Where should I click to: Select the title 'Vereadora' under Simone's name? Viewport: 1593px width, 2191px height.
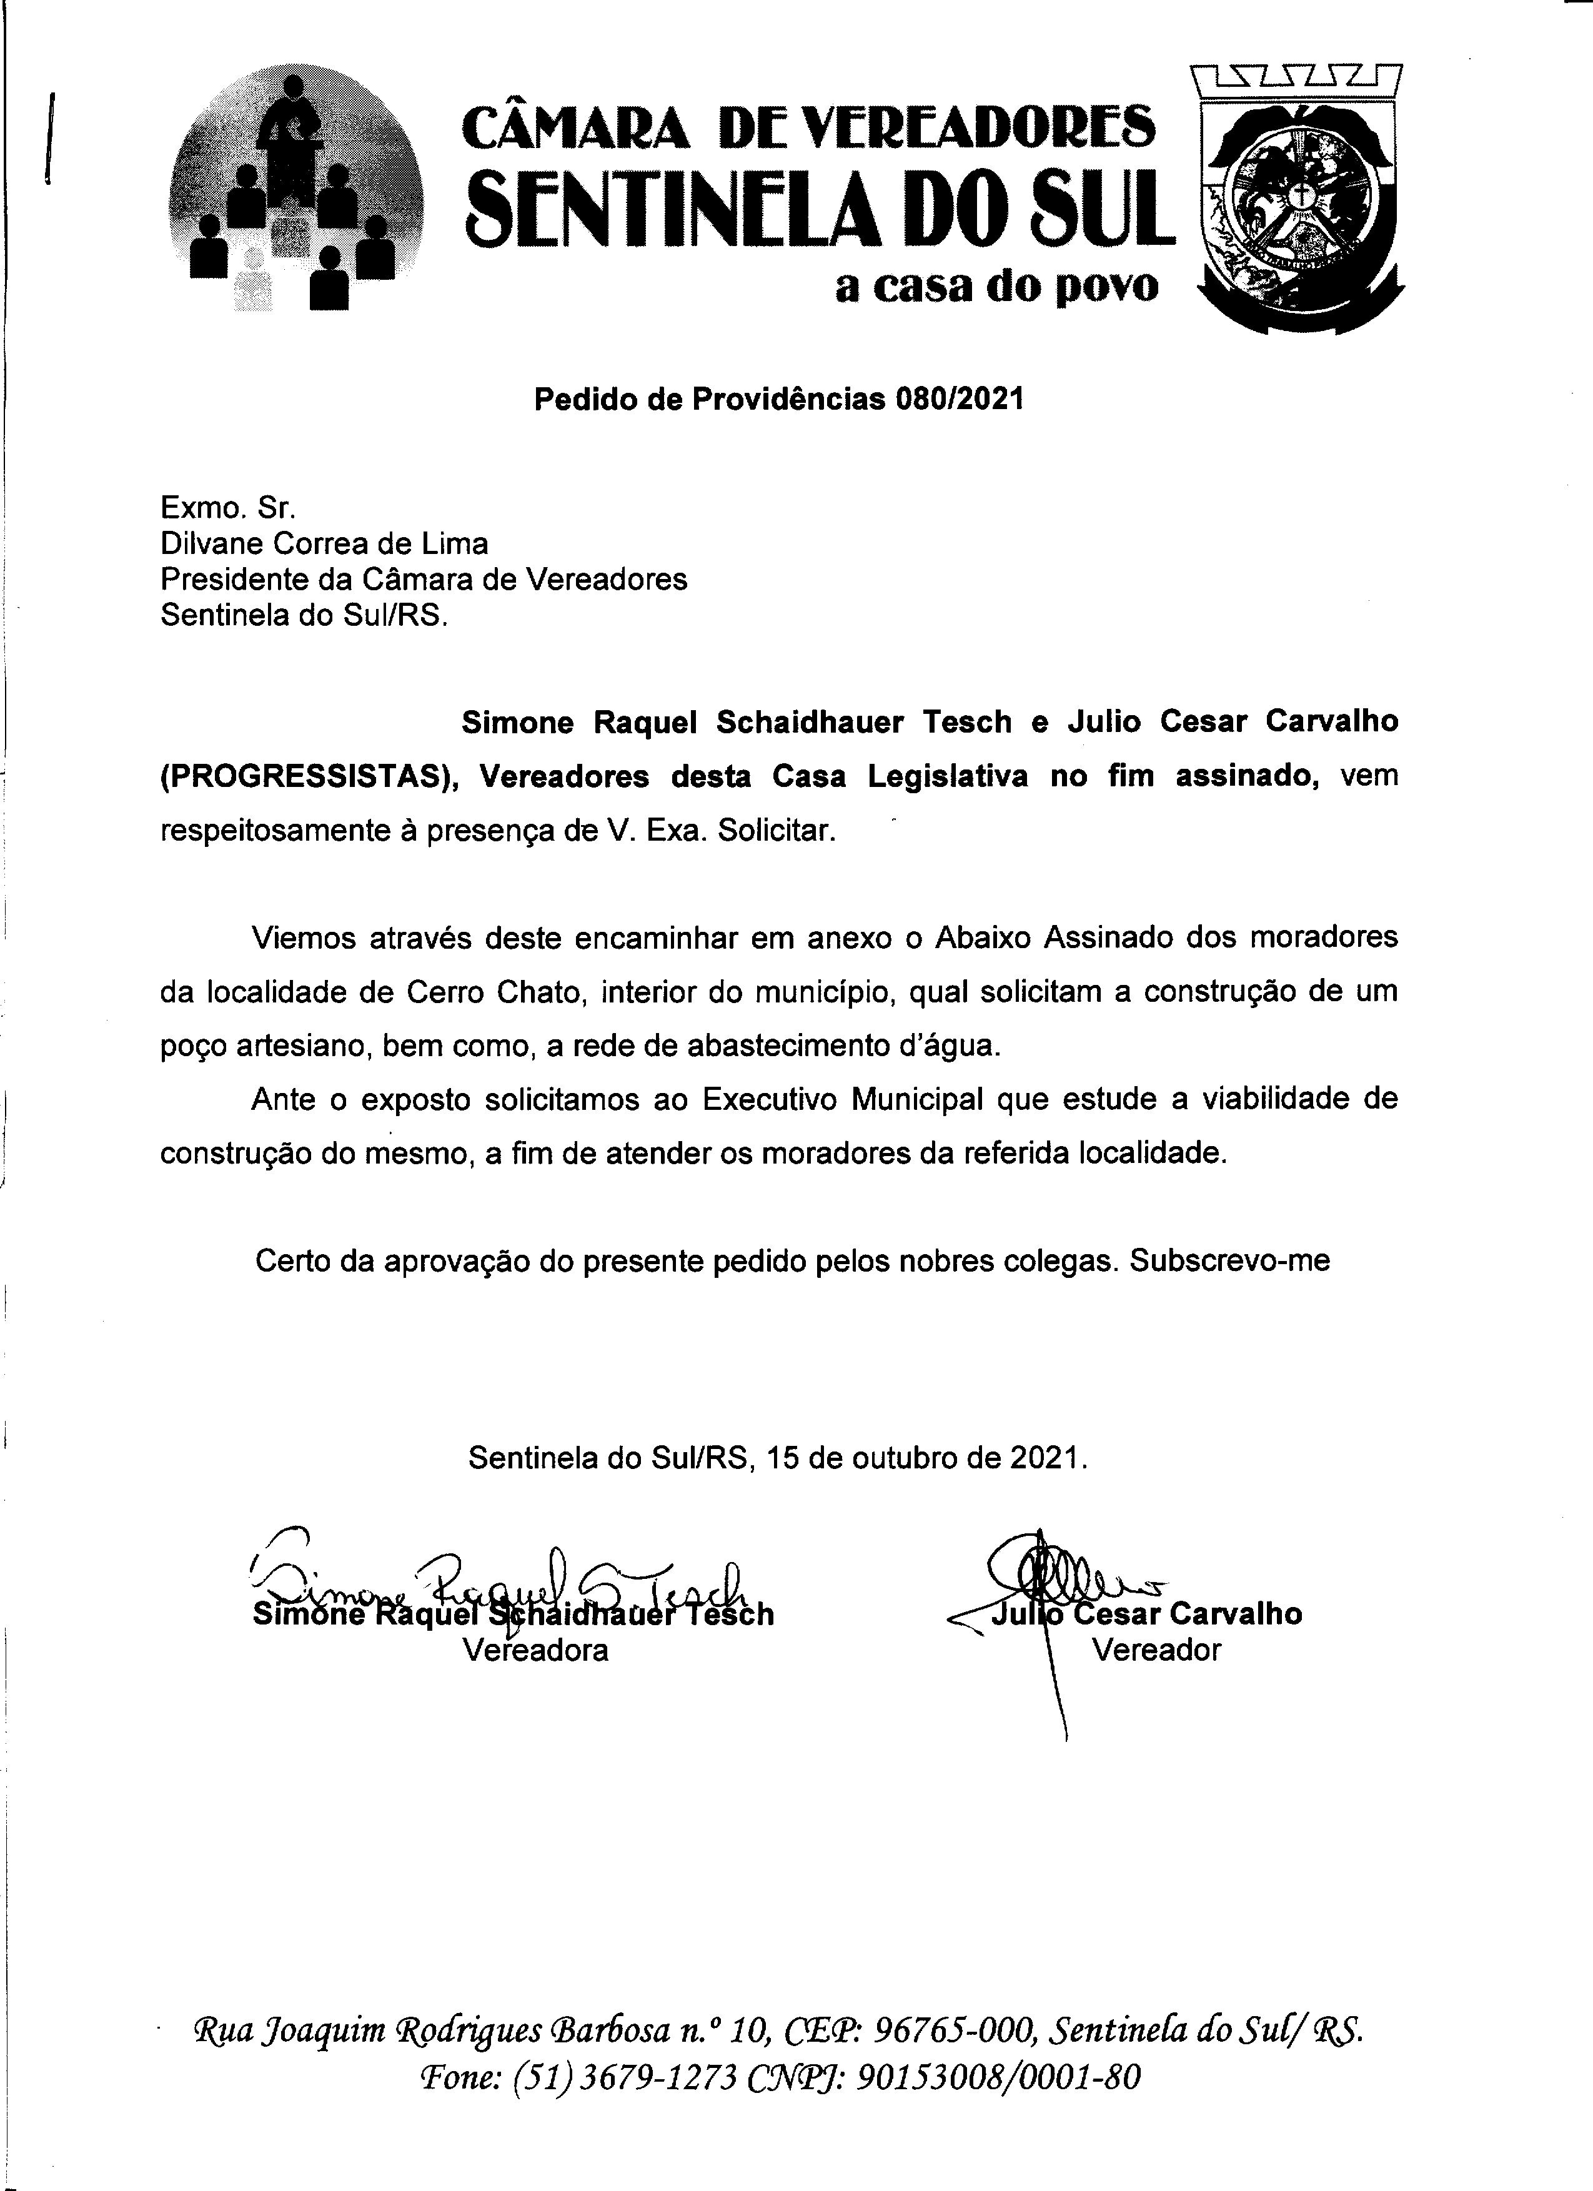click(x=535, y=1649)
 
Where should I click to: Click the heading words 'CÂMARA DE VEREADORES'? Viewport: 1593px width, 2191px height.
click(x=808, y=127)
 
